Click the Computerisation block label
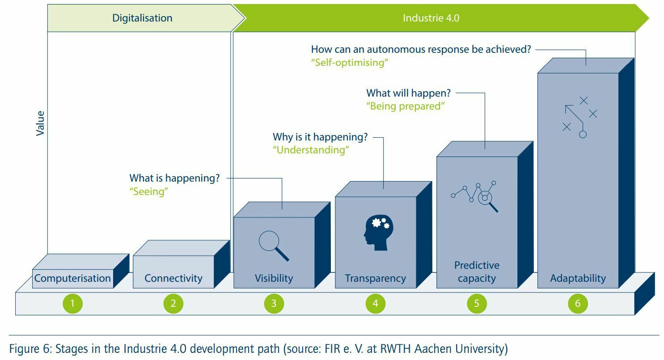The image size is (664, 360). click(x=72, y=278)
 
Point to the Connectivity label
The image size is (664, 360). click(x=173, y=278)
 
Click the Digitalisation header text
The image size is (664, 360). click(x=142, y=18)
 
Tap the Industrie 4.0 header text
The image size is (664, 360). click(x=431, y=18)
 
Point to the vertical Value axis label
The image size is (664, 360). click(x=40, y=123)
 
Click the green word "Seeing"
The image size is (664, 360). click(x=148, y=191)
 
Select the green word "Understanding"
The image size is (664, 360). click(x=311, y=150)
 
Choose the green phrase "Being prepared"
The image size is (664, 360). click(x=406, y=106)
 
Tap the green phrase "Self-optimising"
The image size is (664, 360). click(x=350, y=62)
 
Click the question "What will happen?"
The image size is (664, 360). click(x=408, y=93)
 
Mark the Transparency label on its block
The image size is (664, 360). click(x=375, y=278)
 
